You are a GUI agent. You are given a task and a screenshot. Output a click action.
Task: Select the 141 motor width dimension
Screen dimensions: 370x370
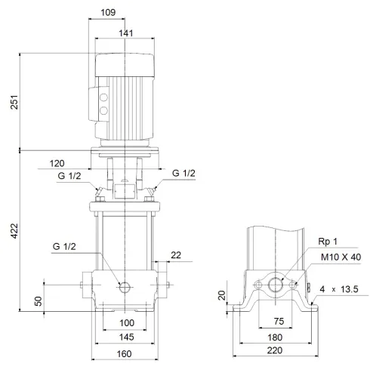coord(125,32)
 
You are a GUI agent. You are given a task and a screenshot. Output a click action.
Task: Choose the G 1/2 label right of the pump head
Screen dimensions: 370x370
coord(183,174)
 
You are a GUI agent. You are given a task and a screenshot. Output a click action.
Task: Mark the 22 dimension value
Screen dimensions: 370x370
coord(176,256)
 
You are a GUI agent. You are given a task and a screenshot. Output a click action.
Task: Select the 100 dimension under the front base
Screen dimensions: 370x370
coord(126,323)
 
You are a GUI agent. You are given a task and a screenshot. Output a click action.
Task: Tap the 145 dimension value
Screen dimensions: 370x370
coord(126,336)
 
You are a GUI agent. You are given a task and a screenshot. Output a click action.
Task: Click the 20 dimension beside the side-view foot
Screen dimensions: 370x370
coord(223,295)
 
